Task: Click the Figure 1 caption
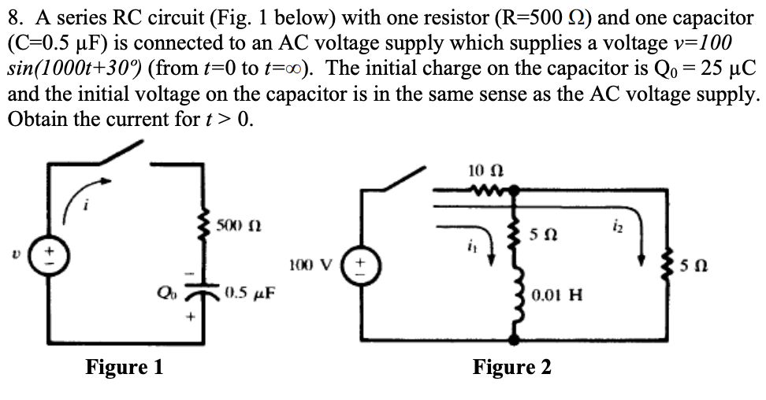click(x=124, y=367)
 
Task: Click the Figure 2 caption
click(x=511, y=367)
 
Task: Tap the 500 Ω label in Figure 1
click(x=236, y=228)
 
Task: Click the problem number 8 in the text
click(x=13, y=17)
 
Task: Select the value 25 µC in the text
click(x=724, y=68)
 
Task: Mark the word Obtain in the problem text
click(x=32, y=120)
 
